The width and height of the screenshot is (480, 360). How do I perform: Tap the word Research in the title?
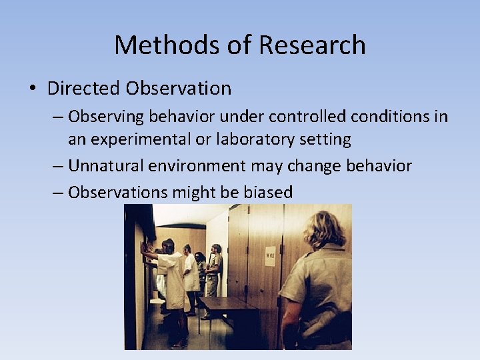312,45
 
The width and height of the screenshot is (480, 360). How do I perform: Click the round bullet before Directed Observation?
33,89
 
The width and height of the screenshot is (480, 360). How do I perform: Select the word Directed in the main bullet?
83,88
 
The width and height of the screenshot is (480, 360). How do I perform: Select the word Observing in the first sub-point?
106,117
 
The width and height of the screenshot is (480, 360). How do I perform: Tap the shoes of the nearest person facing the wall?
179,343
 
